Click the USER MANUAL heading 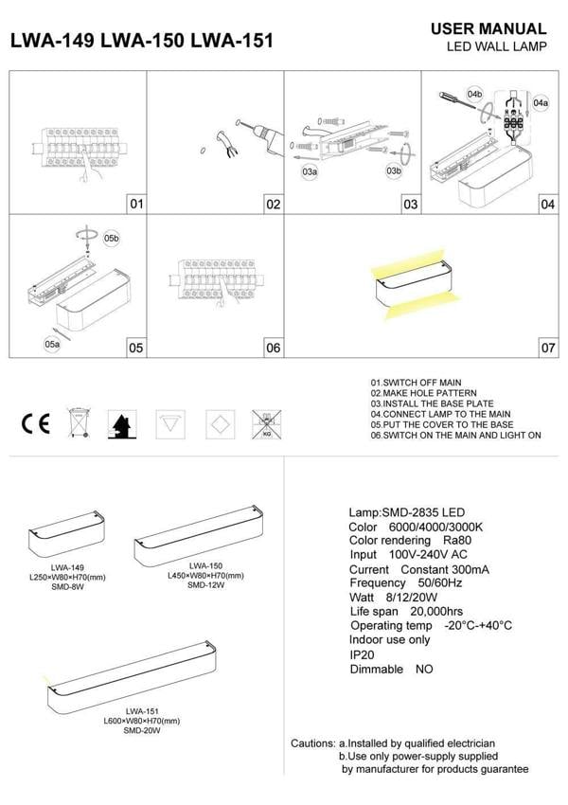point(488,29)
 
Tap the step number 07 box point(547,348)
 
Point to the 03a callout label point(310,172)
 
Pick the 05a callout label point(52,345)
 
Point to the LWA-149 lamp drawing point(67,540)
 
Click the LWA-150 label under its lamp point(205,565)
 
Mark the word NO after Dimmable point(423,669)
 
